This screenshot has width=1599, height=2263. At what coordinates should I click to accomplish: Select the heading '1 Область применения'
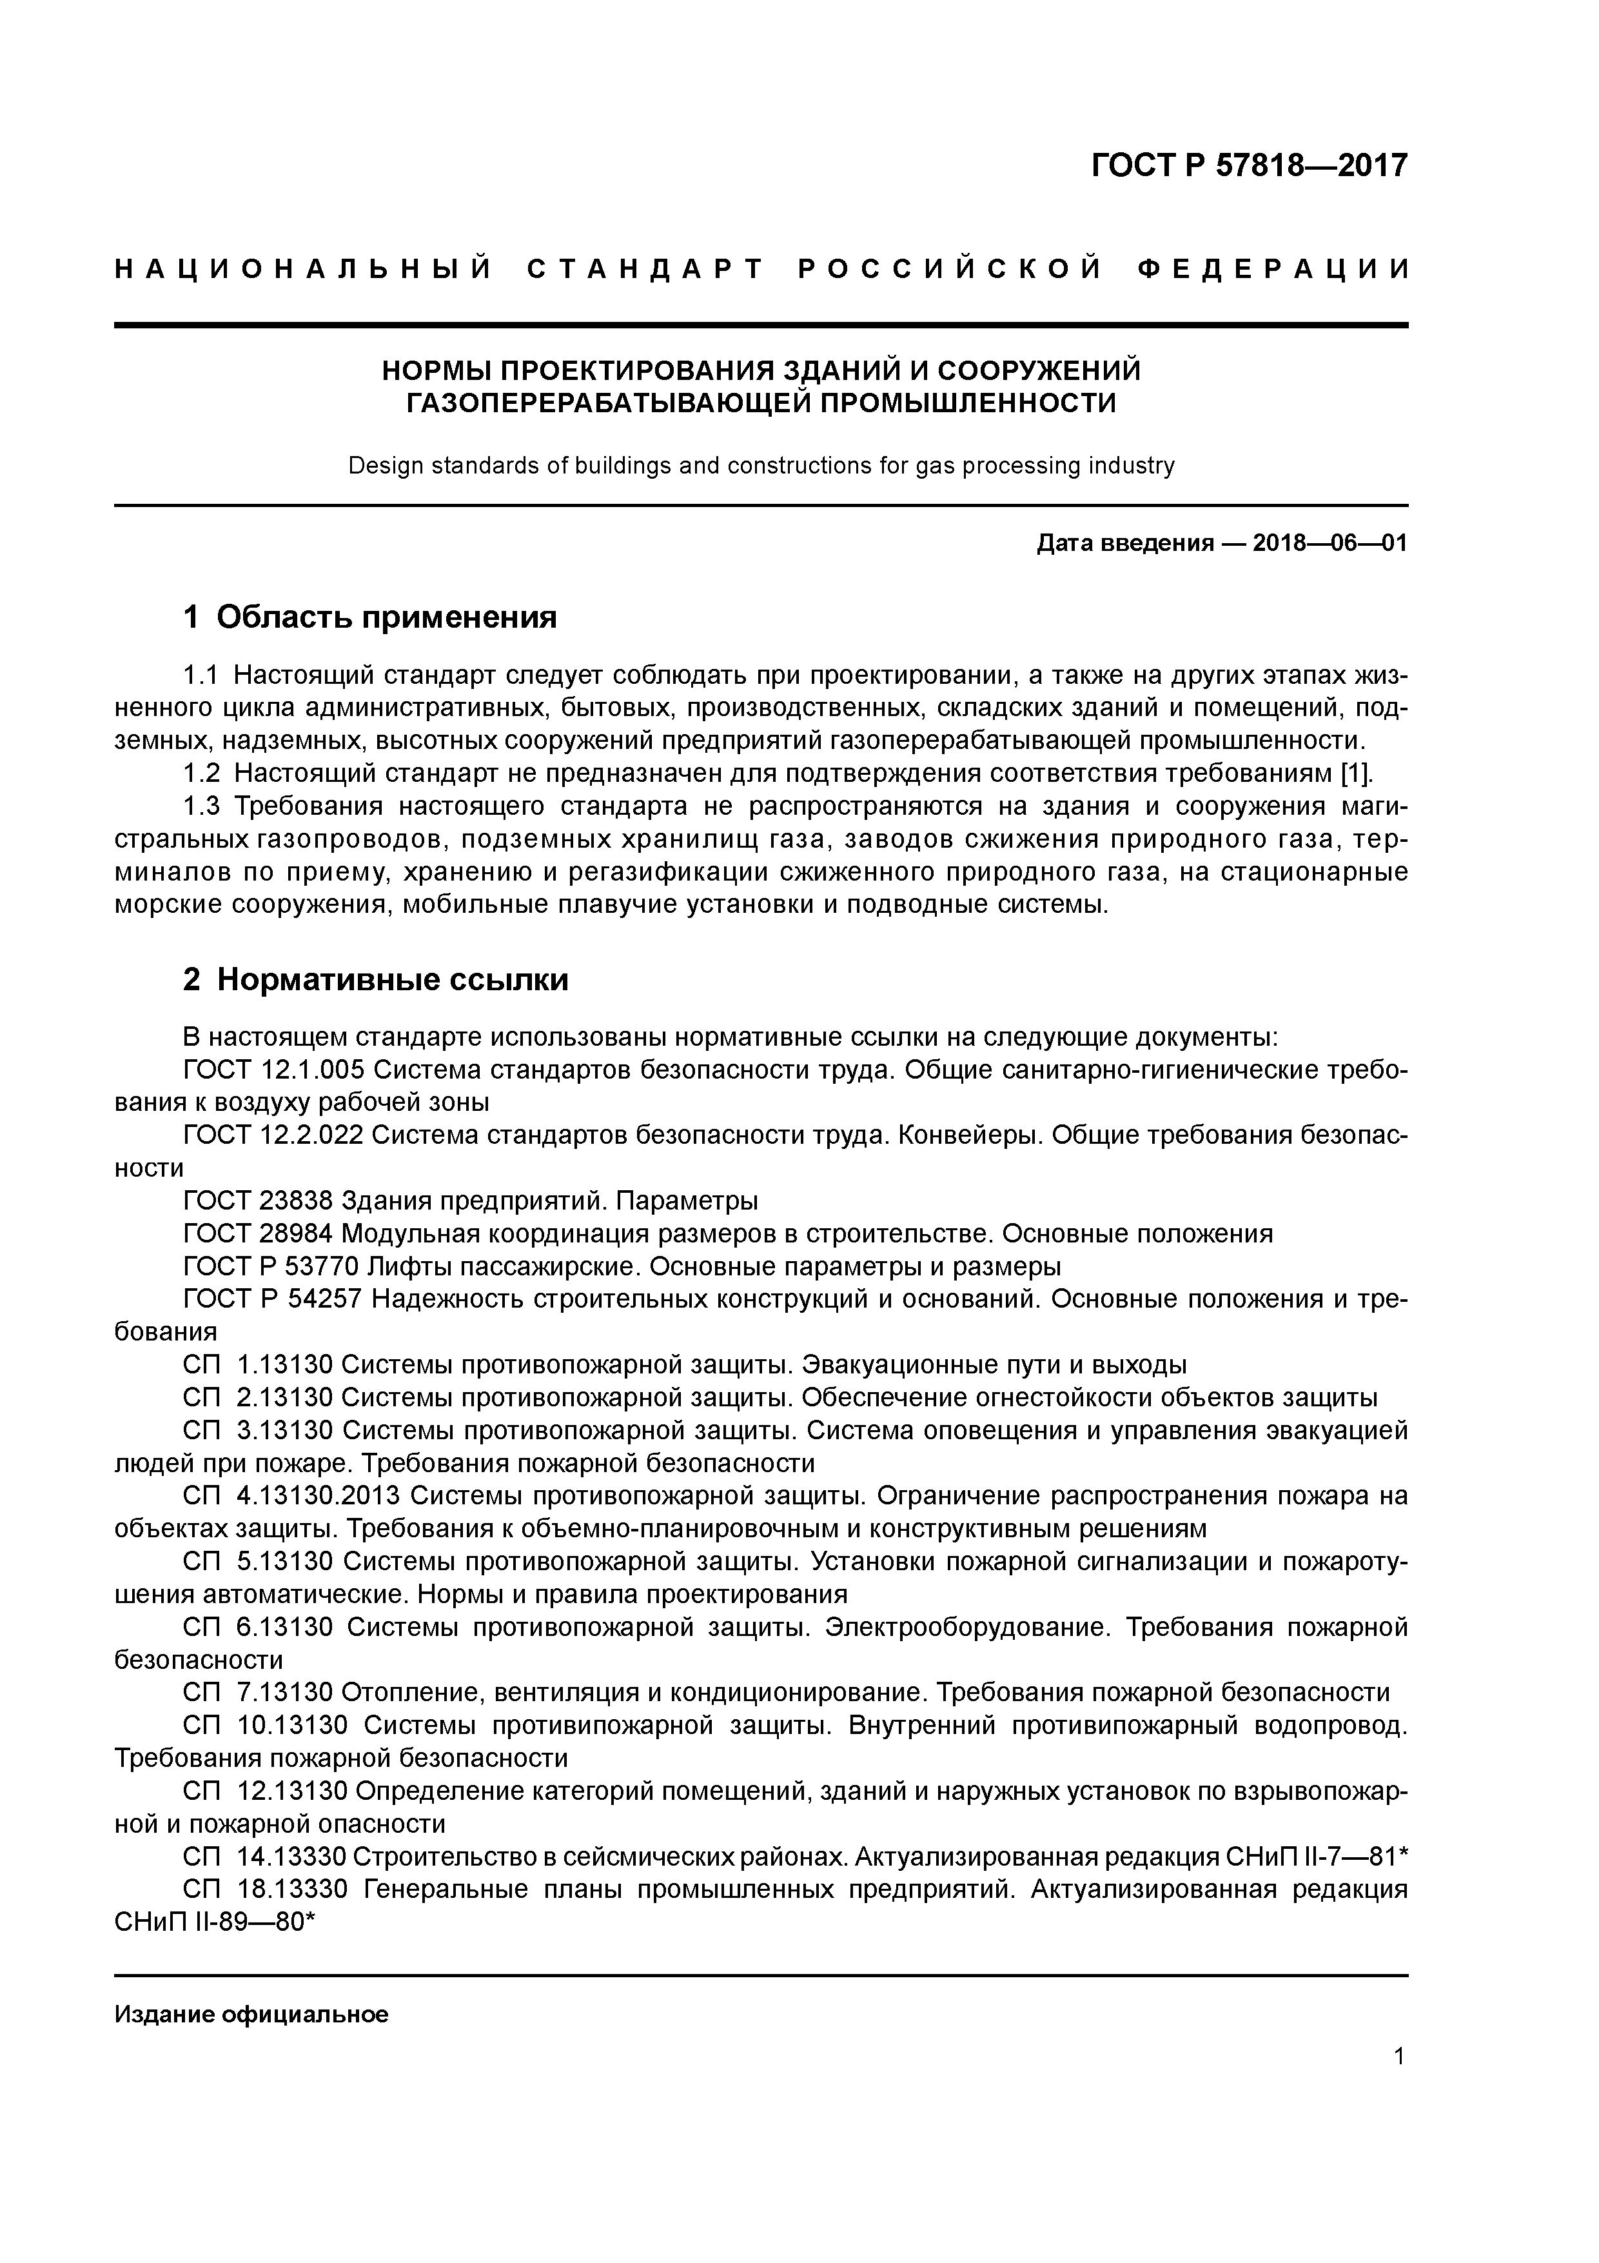371,617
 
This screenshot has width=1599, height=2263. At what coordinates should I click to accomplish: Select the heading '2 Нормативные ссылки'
377,980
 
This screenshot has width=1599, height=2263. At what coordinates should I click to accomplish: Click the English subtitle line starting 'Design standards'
761,465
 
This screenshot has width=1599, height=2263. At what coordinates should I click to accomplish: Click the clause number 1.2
202,773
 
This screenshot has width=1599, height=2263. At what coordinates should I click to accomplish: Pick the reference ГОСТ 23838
257,1201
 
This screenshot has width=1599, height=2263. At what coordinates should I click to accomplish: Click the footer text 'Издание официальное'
251,2015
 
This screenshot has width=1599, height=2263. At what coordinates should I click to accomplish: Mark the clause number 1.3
202,806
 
